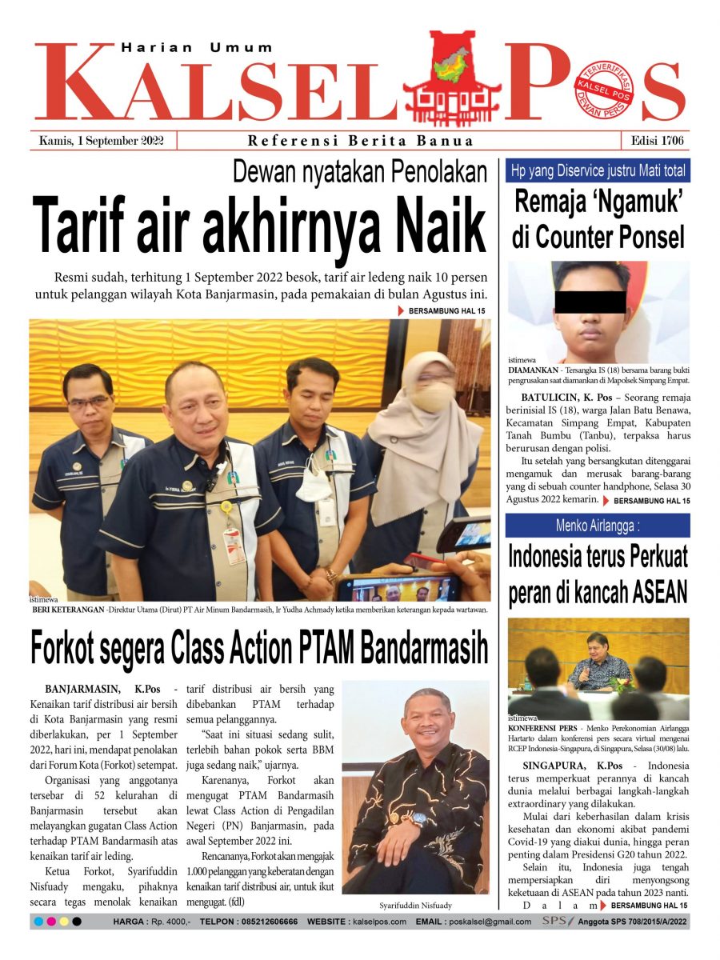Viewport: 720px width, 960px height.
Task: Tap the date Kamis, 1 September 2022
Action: [102, 141]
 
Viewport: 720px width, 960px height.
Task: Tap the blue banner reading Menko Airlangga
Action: [598, 526]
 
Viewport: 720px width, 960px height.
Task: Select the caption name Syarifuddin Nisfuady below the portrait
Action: [415, 905]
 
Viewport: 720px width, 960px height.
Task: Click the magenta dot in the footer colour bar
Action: [51, 922]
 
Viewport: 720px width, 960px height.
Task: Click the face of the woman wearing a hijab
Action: [434, 390]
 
